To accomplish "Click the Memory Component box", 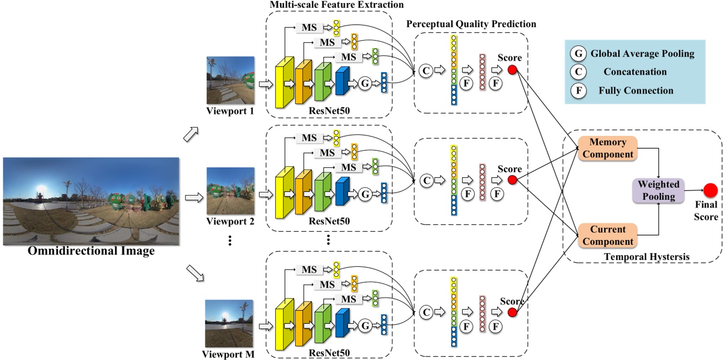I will [607, 148].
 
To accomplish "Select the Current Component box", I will [607, 235].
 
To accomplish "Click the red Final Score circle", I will [710, 190].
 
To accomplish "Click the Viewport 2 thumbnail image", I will [230, 190].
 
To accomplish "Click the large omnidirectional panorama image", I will [92, 201].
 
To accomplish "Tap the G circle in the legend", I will [578, 53].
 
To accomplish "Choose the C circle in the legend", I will [578, 72].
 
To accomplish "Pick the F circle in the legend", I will [578, 91].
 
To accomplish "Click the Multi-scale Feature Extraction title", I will [337, 5].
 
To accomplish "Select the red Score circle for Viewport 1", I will [513, 70].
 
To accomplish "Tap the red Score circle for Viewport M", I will [513, 312].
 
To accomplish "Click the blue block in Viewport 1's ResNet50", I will [342, 82].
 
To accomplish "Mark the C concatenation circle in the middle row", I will [426, 180].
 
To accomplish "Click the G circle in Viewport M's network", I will [365, 325].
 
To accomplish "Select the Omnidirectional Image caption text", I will [92, 252].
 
